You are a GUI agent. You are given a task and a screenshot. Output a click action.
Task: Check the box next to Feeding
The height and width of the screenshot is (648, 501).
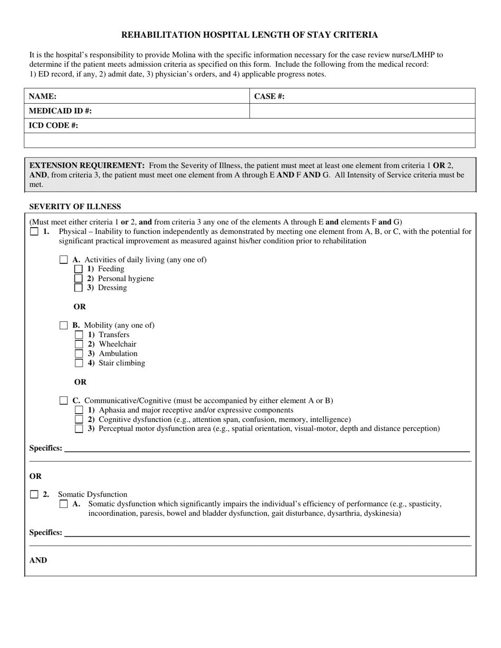click(79, 269)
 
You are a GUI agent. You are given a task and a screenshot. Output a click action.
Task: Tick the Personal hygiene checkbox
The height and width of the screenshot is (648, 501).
click(79, 279)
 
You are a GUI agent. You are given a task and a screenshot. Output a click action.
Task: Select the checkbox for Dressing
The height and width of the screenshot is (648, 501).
click(79, 288)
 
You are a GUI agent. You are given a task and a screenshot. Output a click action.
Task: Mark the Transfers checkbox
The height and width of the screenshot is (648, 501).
click(79, 335)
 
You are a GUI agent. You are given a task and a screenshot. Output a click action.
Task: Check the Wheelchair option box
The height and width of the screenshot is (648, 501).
click(79, 345)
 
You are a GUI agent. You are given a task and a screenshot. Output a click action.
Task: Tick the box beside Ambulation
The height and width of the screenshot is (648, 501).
click(79, 354)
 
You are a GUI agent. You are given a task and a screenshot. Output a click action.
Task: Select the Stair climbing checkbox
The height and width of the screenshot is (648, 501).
click(79, 363)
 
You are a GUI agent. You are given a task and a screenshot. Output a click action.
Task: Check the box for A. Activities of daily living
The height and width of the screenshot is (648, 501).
click(64, 260)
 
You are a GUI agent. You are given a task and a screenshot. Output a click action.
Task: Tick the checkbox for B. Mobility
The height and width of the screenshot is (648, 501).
click(64, 326)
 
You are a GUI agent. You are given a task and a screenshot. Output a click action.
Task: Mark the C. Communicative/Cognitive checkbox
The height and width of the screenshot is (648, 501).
click(64, 401)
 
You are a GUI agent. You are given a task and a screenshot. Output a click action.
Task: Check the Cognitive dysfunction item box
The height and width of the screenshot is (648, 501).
click(79, 419)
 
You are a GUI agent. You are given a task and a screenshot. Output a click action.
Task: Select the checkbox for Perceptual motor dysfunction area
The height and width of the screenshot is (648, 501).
click(79, 429)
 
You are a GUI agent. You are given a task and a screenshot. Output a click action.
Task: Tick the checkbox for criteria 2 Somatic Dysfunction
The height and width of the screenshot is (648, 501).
click(34, 495)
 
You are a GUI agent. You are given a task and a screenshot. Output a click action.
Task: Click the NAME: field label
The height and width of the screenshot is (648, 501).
click(43, 96)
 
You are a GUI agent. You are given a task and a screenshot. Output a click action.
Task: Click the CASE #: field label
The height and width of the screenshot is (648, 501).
click(269, 96)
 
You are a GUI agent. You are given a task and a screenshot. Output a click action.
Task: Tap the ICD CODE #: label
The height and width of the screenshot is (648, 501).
click(53, 126)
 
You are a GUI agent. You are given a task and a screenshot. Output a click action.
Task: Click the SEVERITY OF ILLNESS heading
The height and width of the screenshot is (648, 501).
click(75, 207)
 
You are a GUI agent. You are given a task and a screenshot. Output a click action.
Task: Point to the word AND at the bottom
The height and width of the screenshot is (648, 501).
click(38, 561)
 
